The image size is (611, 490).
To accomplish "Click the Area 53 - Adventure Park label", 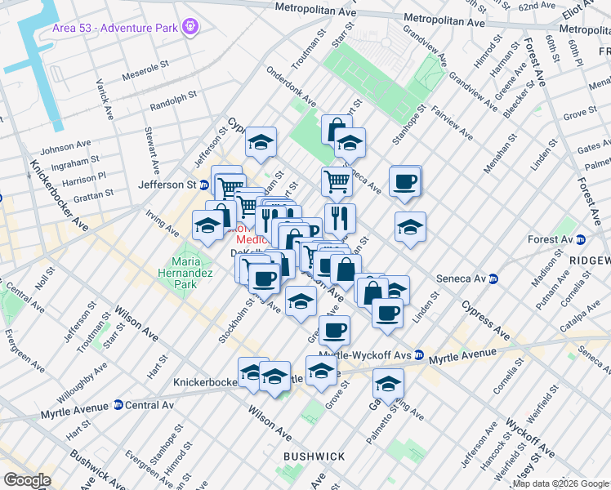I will (x=114, y=29).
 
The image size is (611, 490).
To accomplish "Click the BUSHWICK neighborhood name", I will (x=314, y=456).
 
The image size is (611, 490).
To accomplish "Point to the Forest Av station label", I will (x=551, y=239).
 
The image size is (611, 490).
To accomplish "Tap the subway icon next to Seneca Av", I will (x=495, y=278).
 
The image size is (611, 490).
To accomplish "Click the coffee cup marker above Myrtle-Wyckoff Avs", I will (x=334, y=331).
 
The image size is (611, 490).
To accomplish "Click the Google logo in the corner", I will (x=27, y=480).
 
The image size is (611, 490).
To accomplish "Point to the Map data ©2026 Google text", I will (x=560, y=483).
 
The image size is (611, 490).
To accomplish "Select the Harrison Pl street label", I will (x=84, y=177).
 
